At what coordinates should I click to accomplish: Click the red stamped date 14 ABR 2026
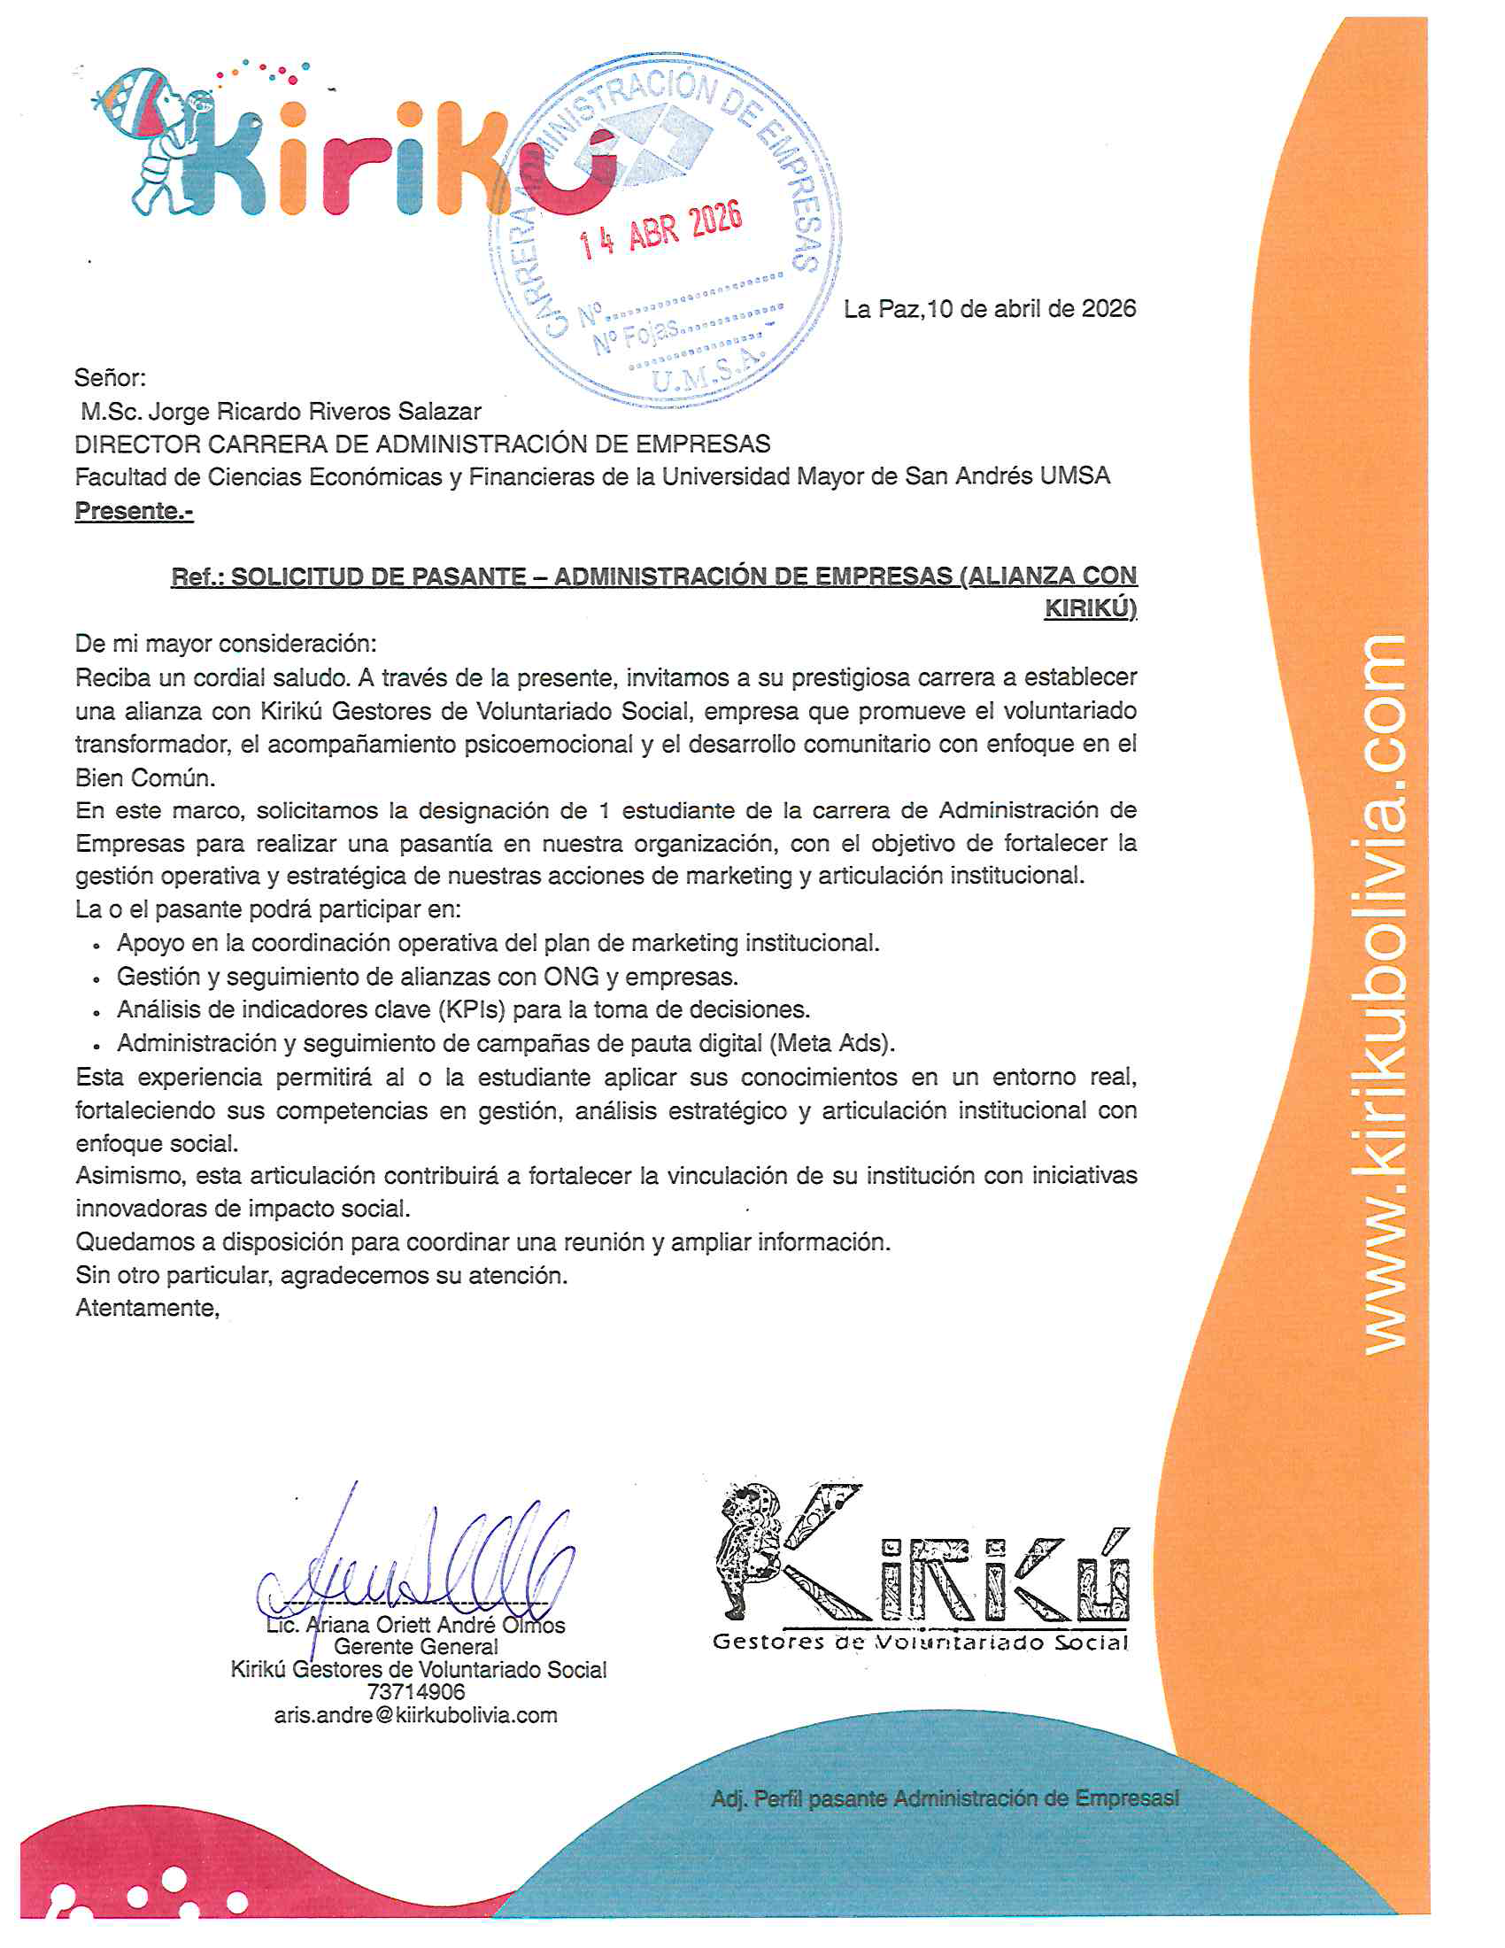(x=660, y=230)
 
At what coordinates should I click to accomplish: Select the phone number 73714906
(x=416, y=1691)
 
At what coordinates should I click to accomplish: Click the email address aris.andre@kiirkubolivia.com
(x=415, y=1714)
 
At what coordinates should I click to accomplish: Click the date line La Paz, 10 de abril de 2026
(x=990, y=309)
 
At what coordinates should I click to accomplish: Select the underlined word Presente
(x=133, y=511)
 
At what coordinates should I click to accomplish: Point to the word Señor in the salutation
(x=110, y=378)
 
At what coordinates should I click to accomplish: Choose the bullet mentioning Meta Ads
(x=506, y=1043)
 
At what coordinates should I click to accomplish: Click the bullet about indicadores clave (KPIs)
(x=463, y=1009)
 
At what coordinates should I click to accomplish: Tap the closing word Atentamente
(x=147, y=1308)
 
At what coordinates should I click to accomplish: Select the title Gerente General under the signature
(x=416, y=1647)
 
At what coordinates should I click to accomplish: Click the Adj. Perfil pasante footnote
(x=945, y=1798)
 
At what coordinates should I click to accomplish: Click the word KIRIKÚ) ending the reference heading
(x=1090, y=608)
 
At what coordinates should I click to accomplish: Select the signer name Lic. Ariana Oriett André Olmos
(x=416, y=1624)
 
